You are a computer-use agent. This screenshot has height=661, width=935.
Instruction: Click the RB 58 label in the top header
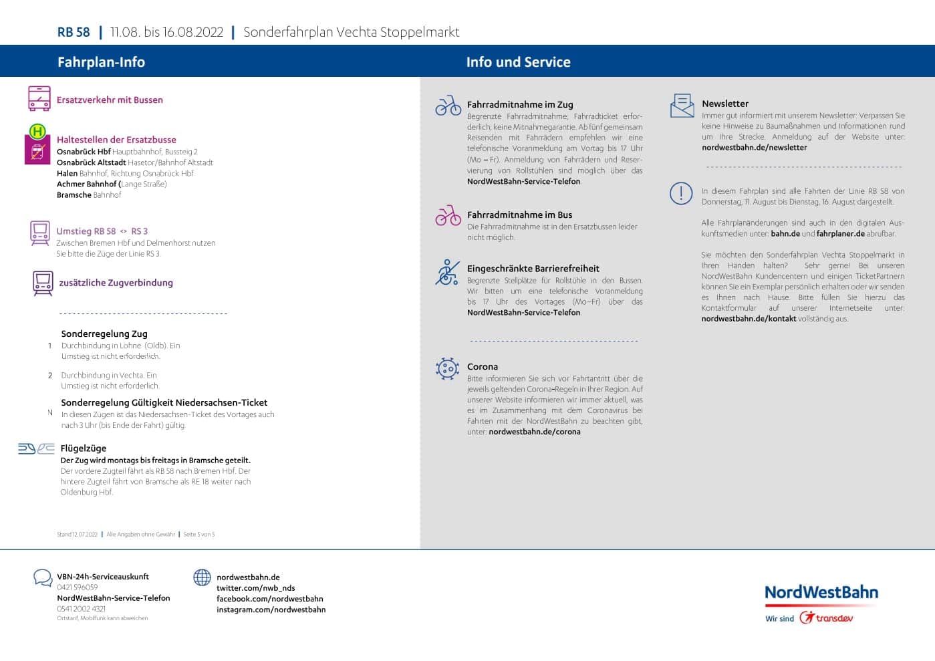(x=74, y=32)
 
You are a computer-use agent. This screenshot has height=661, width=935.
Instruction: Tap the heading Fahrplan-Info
(x=101, y=62)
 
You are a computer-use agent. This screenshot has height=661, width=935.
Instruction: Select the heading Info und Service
(x=518, y=62)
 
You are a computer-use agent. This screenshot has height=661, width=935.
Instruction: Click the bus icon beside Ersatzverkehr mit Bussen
(x=39, y=98)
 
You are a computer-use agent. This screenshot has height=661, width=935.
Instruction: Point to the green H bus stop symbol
(x=37, y=131)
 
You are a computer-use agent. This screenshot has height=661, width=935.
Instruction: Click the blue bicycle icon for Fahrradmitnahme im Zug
(x=448, y=105)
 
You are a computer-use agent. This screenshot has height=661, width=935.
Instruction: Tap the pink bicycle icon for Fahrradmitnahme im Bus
(x=448, y=215)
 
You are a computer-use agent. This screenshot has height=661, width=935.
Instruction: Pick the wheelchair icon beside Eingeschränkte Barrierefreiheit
(x=447, y=272)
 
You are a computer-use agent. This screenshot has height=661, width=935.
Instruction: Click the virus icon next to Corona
(x=447, y=368)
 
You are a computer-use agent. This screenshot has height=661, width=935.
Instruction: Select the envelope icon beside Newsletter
(x=682, y=106)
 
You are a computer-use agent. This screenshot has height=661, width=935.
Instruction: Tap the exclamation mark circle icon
(x=681, y=193)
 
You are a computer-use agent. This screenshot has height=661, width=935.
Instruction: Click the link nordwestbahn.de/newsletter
(x=754, y=148)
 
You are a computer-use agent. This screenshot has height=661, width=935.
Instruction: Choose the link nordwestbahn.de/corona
(x=534, y=432)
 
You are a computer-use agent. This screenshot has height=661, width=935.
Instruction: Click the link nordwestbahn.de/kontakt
(x=749, y=319)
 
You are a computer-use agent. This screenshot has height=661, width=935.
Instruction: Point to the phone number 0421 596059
(x=78, y=587)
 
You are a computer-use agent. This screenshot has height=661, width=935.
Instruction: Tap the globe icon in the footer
(x=202, y=577)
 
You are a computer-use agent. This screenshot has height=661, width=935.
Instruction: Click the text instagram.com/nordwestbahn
(x=271, y=610)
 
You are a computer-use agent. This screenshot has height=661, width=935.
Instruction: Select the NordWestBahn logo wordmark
(x=821, y=592)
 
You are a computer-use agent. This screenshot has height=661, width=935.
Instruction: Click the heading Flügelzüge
(x=84, y=448)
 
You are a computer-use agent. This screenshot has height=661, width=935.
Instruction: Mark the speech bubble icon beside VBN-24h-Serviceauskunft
(x=43, y=577)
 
